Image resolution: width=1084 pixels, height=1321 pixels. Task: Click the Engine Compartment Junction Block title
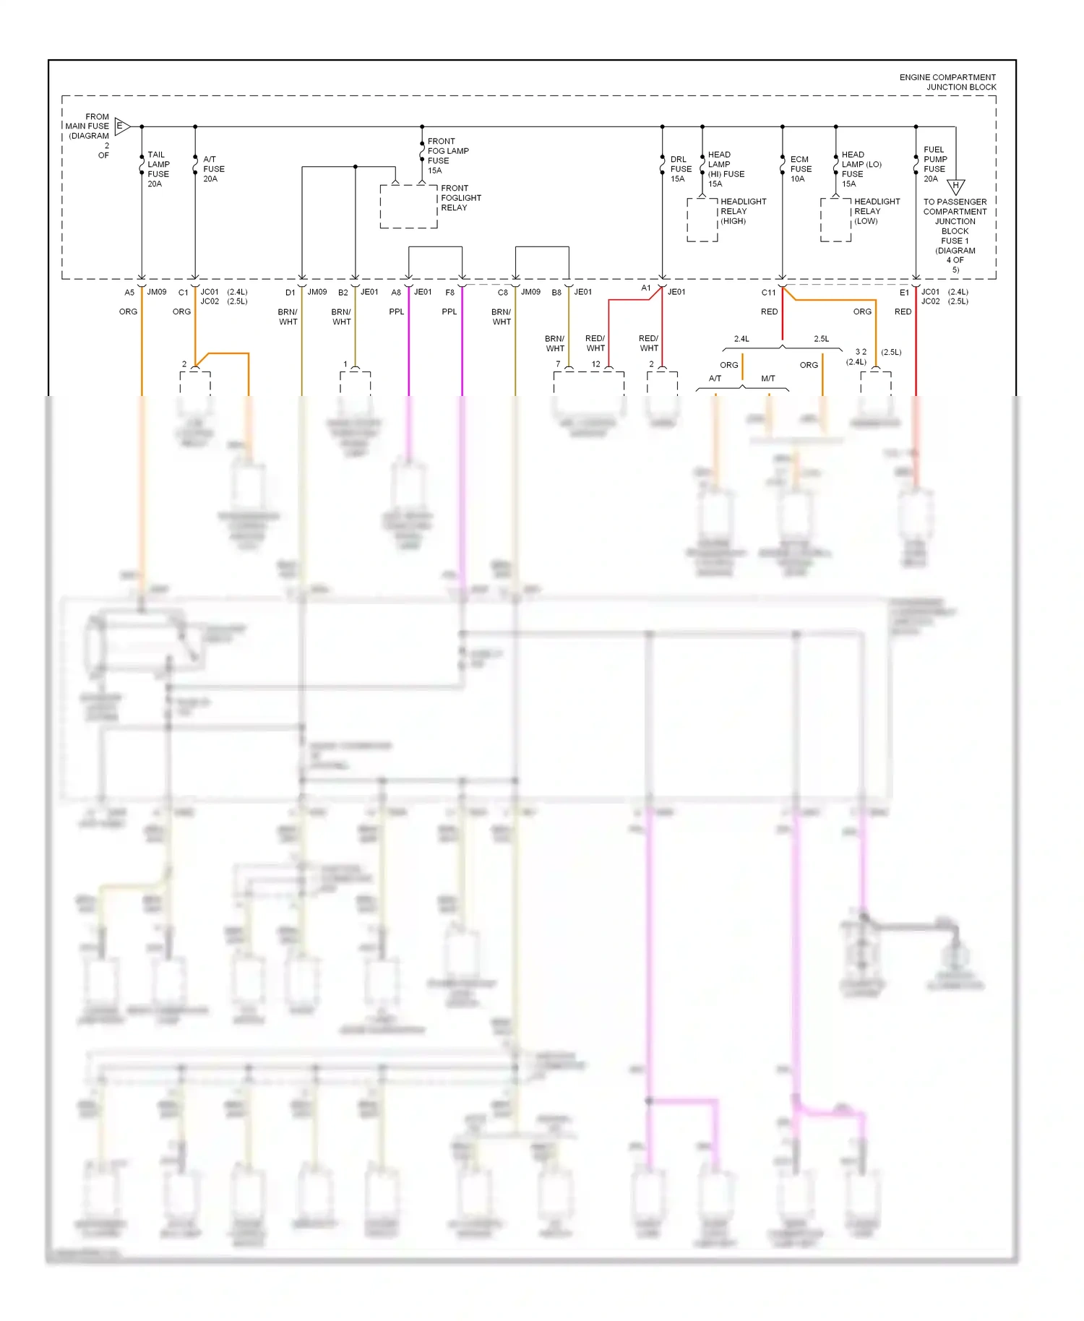coord(947,82)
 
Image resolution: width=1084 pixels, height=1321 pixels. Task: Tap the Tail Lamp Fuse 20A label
coord(158,169)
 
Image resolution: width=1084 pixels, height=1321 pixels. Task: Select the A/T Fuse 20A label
coord(212,169)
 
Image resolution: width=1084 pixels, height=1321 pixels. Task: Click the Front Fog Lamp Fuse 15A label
coord(447,155)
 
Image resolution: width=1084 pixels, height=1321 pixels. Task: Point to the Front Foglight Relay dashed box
coord(408,207)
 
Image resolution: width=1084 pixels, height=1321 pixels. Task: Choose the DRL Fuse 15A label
coord(680,169)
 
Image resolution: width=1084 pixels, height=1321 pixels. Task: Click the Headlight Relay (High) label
coord(742,211)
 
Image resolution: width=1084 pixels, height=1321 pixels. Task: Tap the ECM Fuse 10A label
coord(800,169)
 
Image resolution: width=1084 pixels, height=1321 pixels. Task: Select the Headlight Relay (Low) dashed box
coord(835,220)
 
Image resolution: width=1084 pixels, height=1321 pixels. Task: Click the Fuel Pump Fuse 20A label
coord(934,164)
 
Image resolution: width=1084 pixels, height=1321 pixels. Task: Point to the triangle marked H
coord(955,186)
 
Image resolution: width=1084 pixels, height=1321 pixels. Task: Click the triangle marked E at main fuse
coord(121,126)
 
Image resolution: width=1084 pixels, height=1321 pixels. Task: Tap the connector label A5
coord(129,293)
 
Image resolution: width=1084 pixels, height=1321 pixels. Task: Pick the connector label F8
coord(449,293)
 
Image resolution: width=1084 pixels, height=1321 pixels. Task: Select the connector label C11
coord(768,293)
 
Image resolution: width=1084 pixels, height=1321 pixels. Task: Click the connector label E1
coord(904,293)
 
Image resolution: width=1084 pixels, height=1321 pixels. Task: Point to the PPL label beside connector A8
coord(397,312)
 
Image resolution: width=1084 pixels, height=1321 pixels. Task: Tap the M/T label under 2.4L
coord(767,379)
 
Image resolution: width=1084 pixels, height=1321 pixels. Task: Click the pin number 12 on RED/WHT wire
coord(595,364)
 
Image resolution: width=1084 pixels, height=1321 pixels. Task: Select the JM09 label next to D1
coord(317,292)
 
